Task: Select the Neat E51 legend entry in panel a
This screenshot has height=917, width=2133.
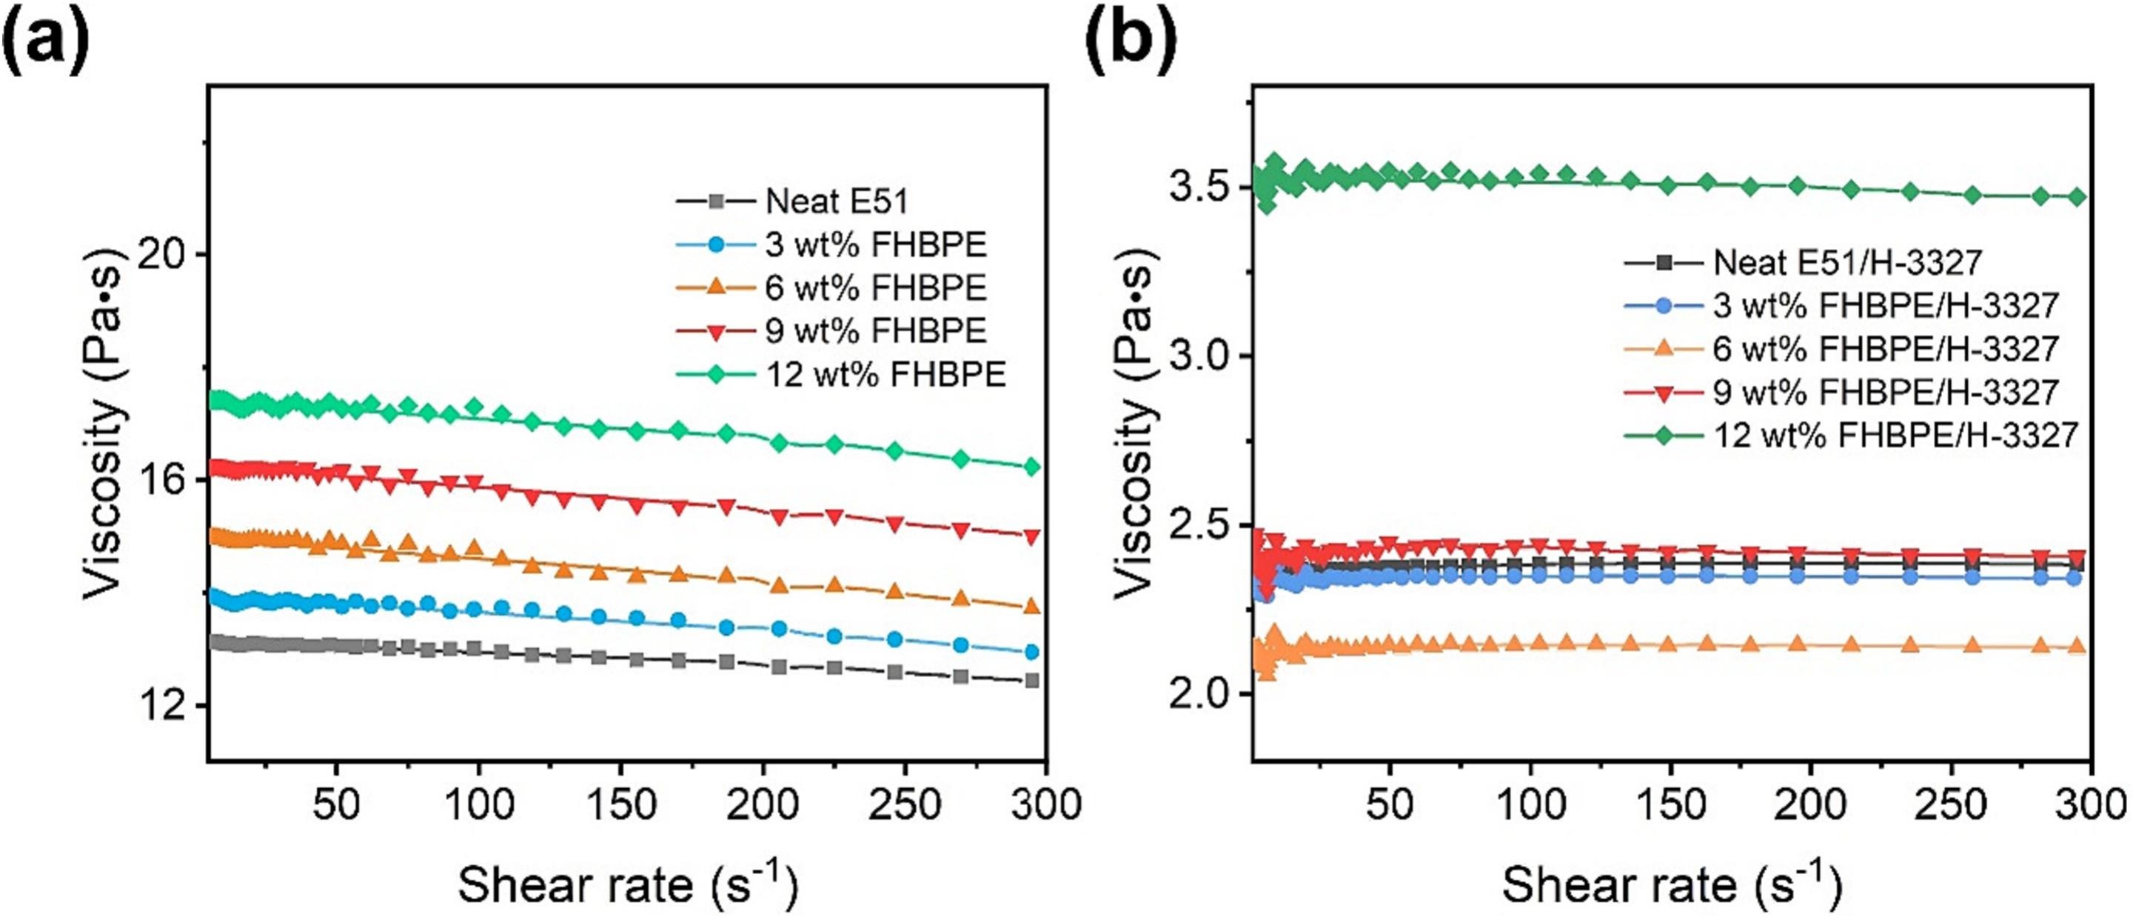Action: pos(837,201)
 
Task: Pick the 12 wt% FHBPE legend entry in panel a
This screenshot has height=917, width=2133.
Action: pos(884,374)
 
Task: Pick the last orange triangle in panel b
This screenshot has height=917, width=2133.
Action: pos(2076,647)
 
